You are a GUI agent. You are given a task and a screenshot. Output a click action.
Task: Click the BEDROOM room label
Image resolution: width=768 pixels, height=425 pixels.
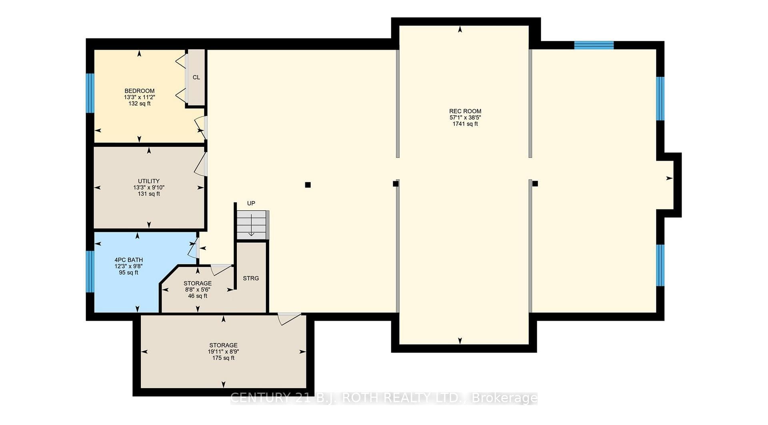[x=139, y=91]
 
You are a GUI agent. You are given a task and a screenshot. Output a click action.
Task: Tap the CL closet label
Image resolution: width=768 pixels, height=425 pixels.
[x=196, y=77]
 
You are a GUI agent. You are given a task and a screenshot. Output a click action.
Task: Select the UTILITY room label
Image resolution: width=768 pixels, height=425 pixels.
[x=149, y=181]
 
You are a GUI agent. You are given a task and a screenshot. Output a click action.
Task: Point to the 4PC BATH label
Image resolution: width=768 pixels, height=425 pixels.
[x=128, y=260]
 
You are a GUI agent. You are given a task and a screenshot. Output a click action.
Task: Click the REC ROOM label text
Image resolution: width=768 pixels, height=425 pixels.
[x=465, y=111]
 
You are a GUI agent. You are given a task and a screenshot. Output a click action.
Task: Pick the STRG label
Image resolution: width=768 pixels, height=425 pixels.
[x=251, y=278]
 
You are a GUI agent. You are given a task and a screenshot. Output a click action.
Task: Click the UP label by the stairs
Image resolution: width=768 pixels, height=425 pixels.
[x=251, y=203]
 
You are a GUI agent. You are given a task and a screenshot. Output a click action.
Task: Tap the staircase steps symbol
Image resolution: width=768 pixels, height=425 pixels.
[x=252, y=225]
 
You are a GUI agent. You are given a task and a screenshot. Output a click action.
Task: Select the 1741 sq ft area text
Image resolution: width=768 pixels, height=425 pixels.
[x=465, y=124]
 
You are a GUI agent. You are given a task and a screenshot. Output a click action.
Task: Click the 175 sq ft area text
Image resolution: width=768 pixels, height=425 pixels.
[x=223, y=358]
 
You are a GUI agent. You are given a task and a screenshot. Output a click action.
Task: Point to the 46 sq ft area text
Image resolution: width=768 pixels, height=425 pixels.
[x=198, y=296]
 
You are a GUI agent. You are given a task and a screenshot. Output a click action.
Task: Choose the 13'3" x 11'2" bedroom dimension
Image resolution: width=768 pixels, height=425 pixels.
[x=139, y=97]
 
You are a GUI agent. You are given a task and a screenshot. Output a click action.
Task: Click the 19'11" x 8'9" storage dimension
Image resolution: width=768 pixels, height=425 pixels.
[x=223, y=351]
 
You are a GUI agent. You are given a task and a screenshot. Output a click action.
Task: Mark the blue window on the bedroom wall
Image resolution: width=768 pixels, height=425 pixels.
[x=90, y=93]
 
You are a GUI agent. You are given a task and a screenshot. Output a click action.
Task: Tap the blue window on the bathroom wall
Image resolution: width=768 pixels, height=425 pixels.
[x=90, y=271]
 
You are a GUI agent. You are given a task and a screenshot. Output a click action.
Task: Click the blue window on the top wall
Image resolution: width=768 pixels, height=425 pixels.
[x=594, y=45]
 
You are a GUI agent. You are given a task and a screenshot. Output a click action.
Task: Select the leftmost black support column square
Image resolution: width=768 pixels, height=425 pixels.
[x=308, y=185]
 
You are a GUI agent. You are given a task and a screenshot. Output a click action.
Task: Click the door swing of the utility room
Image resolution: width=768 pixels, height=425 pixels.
[x=201, y=164]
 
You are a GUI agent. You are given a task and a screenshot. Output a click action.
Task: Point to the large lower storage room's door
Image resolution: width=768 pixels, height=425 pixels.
[x=289, y=319]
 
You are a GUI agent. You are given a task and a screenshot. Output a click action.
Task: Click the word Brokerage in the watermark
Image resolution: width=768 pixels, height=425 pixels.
[x=505, y=398]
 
